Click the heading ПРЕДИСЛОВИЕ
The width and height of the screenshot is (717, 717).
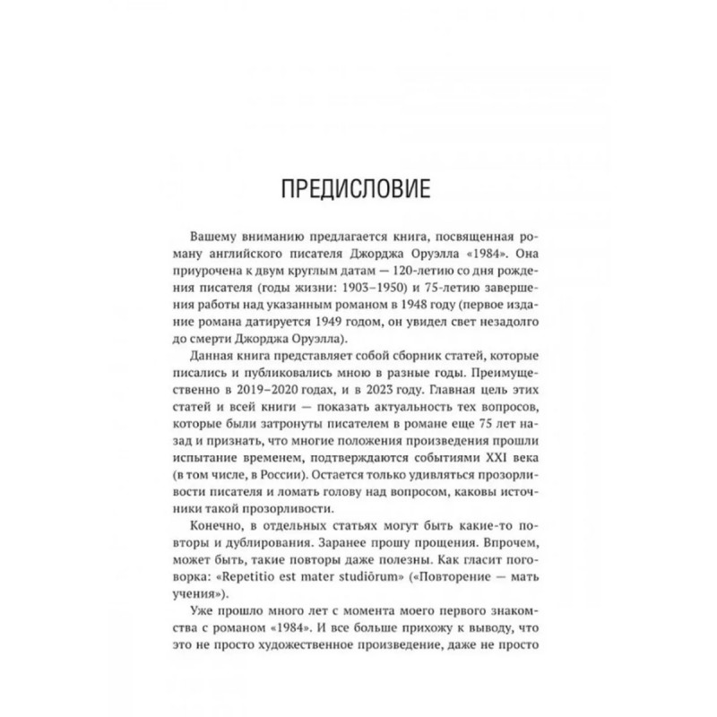point(358,193)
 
